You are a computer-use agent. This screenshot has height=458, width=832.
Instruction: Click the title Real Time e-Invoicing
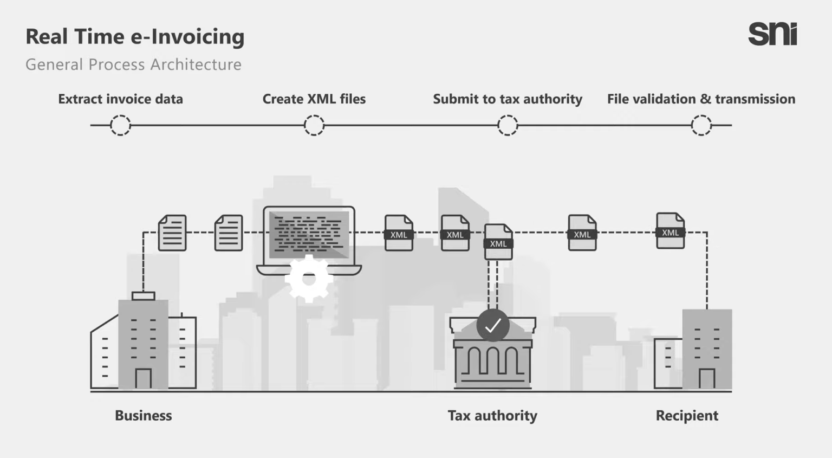tap(135, 37)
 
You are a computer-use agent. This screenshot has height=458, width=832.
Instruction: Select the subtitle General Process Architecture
tap(133, 64)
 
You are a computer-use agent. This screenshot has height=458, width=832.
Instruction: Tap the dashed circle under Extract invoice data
tap(120, 125)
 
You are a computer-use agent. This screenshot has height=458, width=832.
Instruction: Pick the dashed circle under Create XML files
tap(314, 125)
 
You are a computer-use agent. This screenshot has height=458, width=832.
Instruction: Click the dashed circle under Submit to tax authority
tap(508, 125)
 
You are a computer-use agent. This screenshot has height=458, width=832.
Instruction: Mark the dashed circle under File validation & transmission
tap(701, 125)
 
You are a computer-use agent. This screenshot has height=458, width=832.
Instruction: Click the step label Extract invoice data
tap(120, 99)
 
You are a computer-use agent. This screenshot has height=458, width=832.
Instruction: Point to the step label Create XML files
tap(314, 99)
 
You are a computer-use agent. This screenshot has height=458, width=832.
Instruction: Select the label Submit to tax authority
tap(508, 99)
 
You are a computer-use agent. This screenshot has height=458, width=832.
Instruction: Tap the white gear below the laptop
tap(309, 279)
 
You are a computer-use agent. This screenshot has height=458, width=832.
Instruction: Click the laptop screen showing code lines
tap(309, 235)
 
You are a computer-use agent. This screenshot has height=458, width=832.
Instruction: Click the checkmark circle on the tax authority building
tap(492, 325)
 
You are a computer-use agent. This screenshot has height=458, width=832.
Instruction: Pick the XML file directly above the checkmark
tap(498, 242)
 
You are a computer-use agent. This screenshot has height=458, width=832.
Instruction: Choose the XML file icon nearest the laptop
tap(399, 233)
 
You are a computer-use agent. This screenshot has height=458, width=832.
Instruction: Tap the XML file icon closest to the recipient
tap(670, 231)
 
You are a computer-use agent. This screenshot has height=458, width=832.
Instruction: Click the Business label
tap(143, 416)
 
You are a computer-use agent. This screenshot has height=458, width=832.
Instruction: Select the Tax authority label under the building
tap(492, 416)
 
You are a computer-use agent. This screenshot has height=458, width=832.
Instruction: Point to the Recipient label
tap(687, 416)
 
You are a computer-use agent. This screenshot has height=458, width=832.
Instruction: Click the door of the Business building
tap(143, 378)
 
